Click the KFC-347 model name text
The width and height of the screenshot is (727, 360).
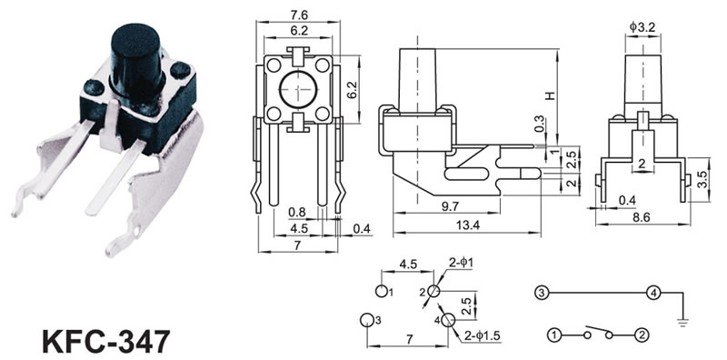(106, 341)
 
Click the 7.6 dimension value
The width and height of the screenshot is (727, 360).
(298, 15)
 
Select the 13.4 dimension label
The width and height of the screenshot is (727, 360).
(466, 225)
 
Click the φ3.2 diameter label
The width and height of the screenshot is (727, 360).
(642, 28)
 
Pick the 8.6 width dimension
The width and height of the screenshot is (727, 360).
(642, 215)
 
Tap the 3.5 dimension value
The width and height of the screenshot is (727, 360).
(702, 179)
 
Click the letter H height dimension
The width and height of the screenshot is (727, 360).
(550, 95)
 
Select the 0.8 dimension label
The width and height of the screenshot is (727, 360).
(297, 213)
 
